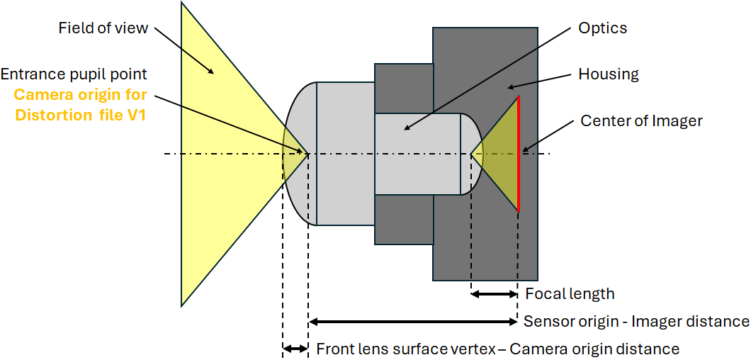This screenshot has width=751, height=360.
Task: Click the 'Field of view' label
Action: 103,28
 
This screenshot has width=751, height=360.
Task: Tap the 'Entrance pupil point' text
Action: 74,74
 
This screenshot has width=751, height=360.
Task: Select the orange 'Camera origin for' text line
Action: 80,94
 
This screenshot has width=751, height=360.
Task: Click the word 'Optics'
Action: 602,28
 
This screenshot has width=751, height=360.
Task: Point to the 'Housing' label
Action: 609,74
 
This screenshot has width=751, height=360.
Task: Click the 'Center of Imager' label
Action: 641,120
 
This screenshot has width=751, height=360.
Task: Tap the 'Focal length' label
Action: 570,293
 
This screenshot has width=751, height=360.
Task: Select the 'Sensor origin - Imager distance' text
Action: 636,322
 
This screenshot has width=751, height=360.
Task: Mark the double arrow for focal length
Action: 495,293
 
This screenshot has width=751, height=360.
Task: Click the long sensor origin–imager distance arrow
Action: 414,322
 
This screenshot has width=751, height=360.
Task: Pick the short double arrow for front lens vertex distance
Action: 295,348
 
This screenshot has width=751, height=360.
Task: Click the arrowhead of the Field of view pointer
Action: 212,73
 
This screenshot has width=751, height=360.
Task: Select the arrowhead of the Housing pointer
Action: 509,89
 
